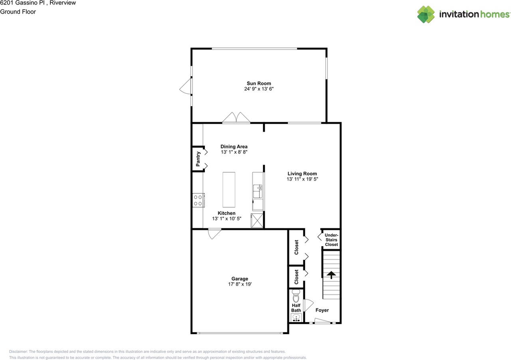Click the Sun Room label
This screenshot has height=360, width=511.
coord(259,83)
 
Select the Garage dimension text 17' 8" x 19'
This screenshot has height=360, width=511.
coord(240,285)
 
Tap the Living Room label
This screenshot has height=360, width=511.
coord(302,174)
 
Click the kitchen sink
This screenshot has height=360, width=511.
coord(258,191)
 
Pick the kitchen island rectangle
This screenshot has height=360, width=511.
coord(229,190)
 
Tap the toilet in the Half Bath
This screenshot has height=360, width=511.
coord(296,297)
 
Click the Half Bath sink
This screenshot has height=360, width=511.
coord(296,318)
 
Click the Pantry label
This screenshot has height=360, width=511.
coord(198,159)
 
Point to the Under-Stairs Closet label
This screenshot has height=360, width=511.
coord(331,239)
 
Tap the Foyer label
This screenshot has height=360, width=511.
coord(322,310)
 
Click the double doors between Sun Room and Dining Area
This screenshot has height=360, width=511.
coord(236,118)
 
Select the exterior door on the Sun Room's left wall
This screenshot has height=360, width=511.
coord(185,86)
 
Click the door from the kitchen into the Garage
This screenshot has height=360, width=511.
coord(214,234)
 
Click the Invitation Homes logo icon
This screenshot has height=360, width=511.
coord(426,14)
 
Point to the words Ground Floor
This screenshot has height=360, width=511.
coord(18,12)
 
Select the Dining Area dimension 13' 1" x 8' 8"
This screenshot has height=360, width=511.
coord(234,152)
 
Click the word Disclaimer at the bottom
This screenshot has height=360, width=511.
coord(18,352)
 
